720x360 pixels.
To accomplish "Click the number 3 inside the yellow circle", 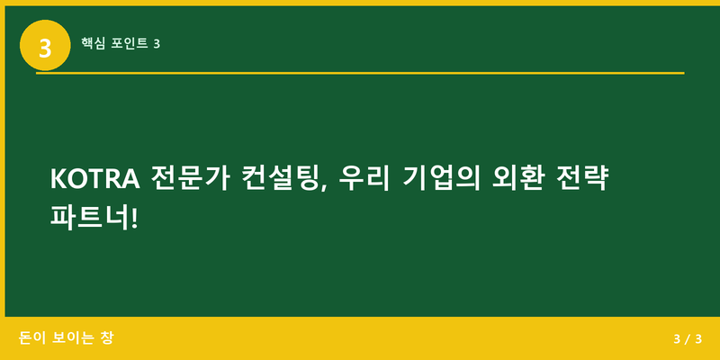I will [45, 45].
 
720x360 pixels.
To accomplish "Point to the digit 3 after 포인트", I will [157, 42].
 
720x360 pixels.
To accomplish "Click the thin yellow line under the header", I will [360, 73].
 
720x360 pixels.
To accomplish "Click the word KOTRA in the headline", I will [94, 179].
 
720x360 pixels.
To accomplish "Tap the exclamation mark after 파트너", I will [136, 219].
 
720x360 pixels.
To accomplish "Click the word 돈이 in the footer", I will [31, 338].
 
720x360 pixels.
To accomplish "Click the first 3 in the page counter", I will [676, 339].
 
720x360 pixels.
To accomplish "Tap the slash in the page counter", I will [687, 339].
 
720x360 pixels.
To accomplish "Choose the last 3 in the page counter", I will [697, 339].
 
